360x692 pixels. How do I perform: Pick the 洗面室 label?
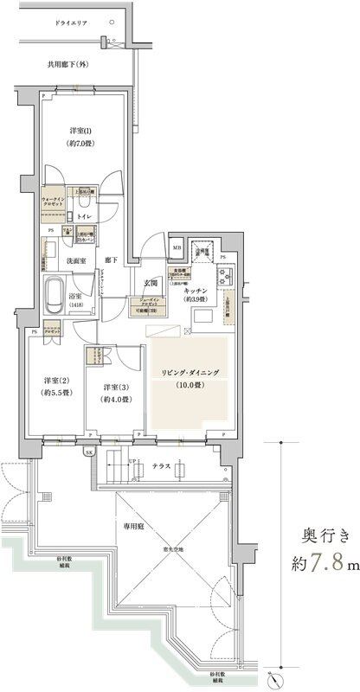click(74, 260)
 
